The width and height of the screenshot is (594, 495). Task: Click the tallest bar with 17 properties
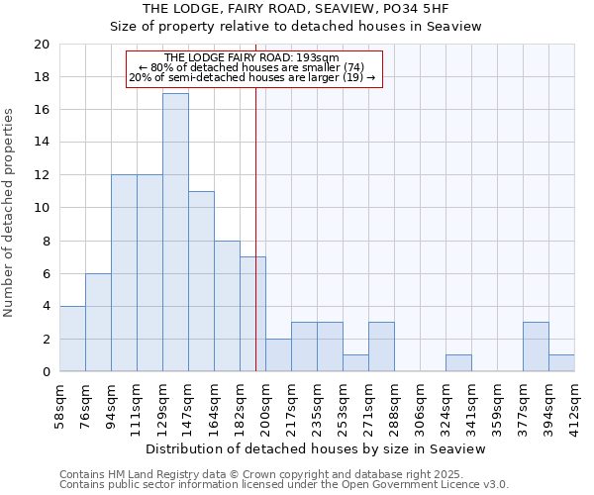pyautogui.click(x=175, y=233)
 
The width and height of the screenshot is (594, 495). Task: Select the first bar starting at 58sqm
pyautogui.click(x=72, y=339)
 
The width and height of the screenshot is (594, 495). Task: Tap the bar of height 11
pyautogui.click(x=201, y=281)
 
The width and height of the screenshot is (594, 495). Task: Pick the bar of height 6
pyautogui.click(x=98, y=323)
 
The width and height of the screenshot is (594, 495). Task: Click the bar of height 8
pyautogui.click(x=227, y=306)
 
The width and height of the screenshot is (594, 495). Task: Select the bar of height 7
pyautogui.click(x=252, y=314)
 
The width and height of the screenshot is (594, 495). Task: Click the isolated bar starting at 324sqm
pyautogui.click(x=458, y=363)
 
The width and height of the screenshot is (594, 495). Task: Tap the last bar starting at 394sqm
pyautogui.click(x=561, y=363)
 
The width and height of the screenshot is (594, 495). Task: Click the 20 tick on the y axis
pyautogui.click(x=41, y=45)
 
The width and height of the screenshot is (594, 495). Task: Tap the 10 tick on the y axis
pyautogui.click(x=41, y=208)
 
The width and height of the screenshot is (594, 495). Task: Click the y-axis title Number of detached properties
pyautogui.click(x=10, y=213)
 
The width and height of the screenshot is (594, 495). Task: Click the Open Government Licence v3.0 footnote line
pyautogui.click(x=284, y=484)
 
